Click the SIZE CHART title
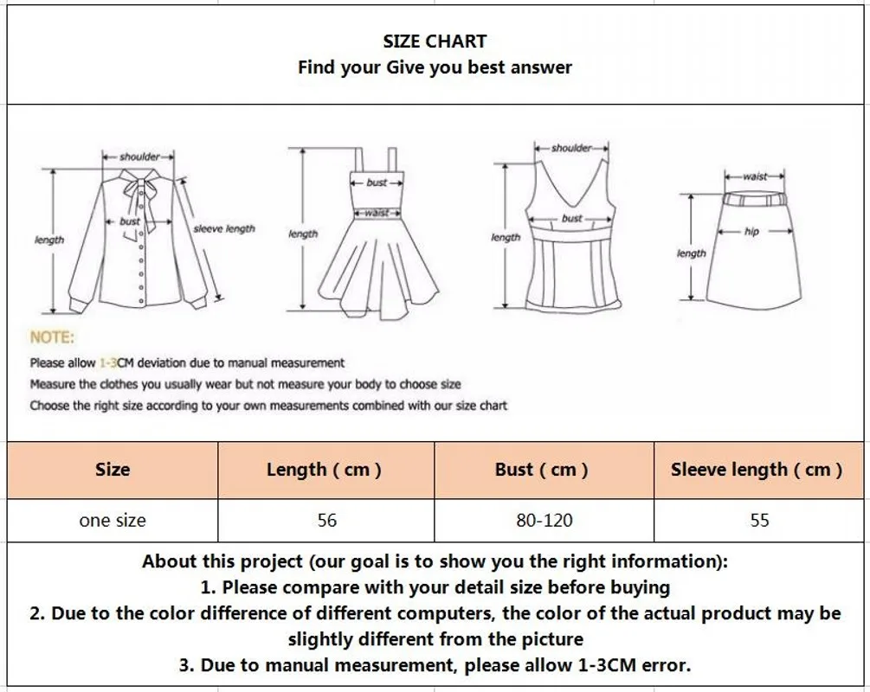tap(435, 41)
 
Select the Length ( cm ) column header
tap(324, 470)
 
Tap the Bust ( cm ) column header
tap(541, 470)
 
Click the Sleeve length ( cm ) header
tap(757, 470)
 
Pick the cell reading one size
tap(113, 521)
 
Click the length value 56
tap(327, 521)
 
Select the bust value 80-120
tap(545, 521)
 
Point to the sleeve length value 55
tap(760, 521)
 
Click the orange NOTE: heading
tap(52, 337)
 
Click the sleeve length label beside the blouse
tap(224, 229)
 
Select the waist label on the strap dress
tap(377, 213)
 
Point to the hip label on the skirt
tap(751, 232)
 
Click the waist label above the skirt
tap(755, 176)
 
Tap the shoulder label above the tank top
tap(571, 148)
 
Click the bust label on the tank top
tap(571, 219)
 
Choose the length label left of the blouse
tap(48, 240)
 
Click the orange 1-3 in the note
tap(108, 363)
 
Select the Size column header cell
tap(113, 470)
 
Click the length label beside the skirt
tap(691, 253)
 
